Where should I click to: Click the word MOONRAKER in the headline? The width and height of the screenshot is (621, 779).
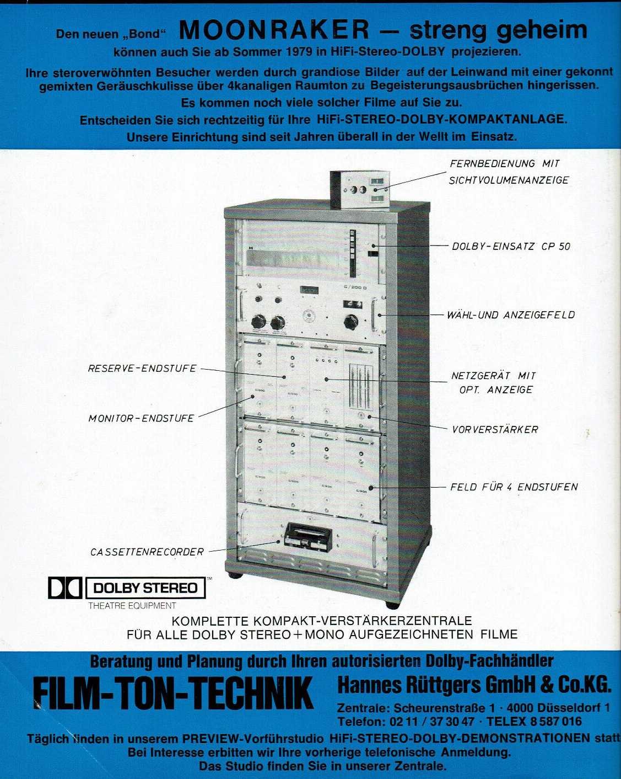[274, 30]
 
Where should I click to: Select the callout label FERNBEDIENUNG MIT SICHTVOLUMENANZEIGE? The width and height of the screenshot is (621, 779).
[508, 172]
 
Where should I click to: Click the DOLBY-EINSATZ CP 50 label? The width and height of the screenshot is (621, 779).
[511, 246]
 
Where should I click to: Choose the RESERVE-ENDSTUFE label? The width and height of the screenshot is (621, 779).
[142, 368]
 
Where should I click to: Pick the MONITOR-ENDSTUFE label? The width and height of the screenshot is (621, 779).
[141, 418]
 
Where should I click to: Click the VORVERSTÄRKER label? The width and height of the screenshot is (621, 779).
[495, 429]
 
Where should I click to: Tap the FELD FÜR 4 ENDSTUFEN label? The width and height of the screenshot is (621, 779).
[514, 487]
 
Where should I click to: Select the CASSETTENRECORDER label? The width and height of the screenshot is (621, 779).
[147, 552]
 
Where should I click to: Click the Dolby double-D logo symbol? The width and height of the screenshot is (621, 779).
[64, 588]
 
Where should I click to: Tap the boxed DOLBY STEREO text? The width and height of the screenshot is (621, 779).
[145, 588]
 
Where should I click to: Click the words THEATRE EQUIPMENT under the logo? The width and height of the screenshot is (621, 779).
[132, 605]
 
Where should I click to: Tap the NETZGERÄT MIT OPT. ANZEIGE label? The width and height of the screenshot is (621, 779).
[493, 382]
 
